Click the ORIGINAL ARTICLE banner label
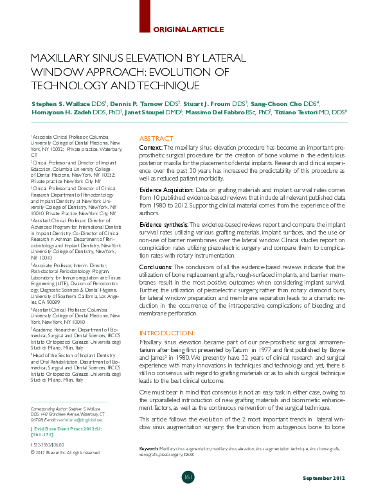189,29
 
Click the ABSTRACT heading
156,139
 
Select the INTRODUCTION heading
166,333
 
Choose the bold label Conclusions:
157,268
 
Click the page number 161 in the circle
188,477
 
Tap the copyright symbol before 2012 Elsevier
33,452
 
